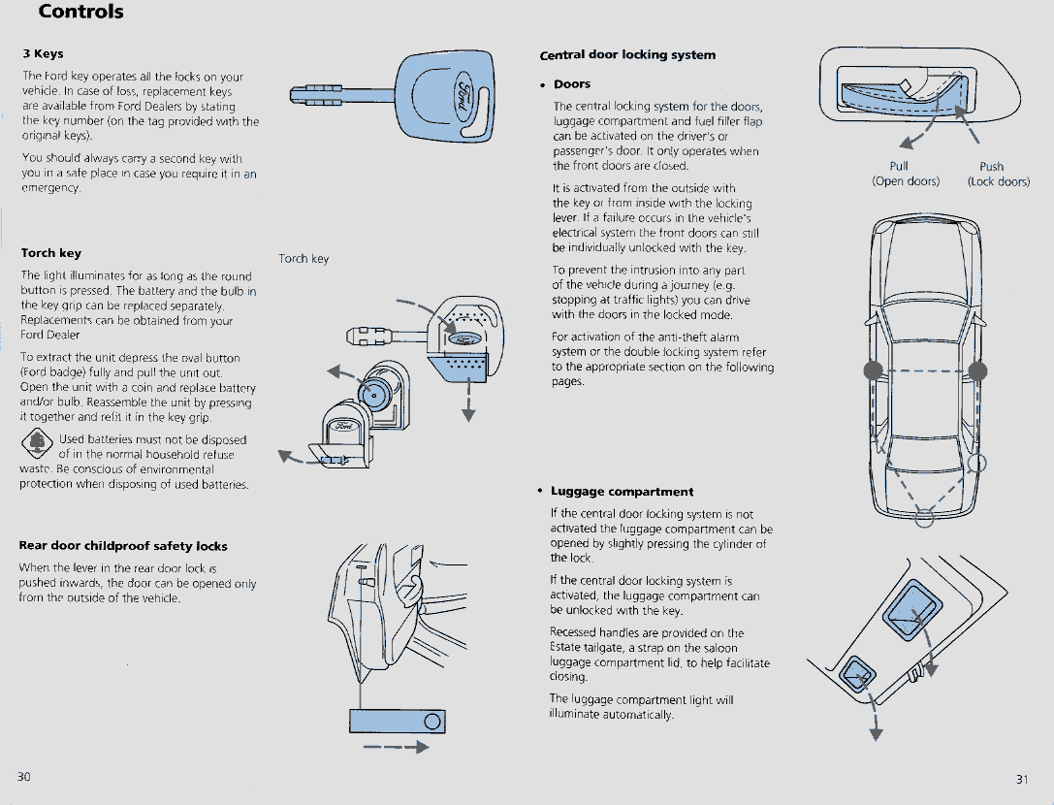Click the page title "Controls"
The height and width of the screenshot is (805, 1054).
81,13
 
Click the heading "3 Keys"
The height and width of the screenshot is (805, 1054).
43,53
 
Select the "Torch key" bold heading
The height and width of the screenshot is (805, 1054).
50,253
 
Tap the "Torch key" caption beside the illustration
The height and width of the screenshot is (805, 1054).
303,259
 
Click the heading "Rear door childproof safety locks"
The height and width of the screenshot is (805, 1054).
123,546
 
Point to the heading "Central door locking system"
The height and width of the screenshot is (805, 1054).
627,55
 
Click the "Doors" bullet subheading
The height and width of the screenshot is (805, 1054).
572,84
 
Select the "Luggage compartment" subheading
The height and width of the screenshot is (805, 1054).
622,492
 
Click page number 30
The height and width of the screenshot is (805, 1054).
23,777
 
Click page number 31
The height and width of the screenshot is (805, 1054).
1022,779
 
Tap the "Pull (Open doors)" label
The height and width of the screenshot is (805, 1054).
905,174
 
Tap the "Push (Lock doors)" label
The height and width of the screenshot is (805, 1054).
997,174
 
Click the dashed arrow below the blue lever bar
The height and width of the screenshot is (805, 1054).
396,748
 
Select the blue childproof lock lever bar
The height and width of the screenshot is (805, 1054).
398,721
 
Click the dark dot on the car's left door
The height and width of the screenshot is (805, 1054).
873,370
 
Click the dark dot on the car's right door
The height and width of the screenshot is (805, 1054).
976,370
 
